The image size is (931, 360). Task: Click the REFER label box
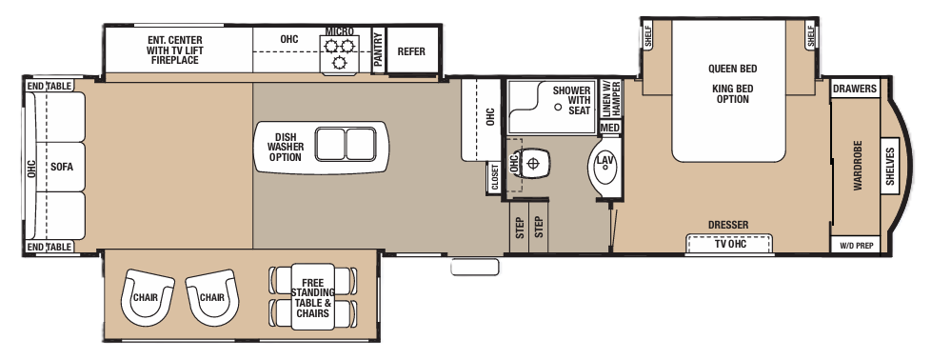(411, 51)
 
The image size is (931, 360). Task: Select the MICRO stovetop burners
(340, 54)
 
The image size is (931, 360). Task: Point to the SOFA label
(63, 167)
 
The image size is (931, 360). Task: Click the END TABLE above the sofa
(50, 87)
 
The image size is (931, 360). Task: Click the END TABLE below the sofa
(50, 248)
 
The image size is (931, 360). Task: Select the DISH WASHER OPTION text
(285, 147)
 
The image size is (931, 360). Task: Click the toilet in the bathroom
(533, 163)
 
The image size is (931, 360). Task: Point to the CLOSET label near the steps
(495, 177)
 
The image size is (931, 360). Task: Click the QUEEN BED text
(731, 69)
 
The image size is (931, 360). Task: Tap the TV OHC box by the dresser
(728, 244)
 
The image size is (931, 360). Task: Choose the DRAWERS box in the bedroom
(854, 90)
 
